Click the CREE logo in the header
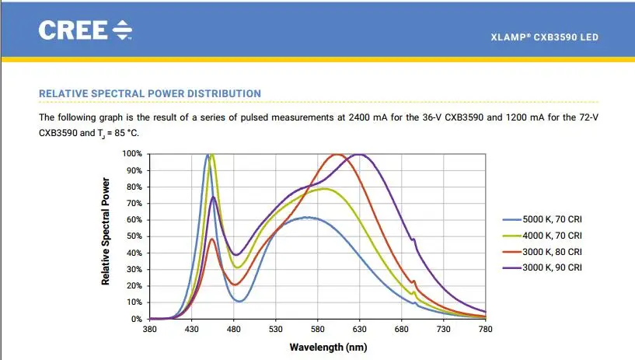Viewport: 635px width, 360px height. [85, 30]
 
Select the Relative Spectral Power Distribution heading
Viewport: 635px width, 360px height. [150, 93]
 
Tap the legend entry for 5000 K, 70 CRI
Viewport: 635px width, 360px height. [553, 220]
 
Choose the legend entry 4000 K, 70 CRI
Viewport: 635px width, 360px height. [553, 235]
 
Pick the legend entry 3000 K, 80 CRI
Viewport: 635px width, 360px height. [553, 251]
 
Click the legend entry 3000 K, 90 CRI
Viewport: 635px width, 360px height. [553, 267]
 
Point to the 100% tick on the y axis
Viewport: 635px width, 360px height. [132, 154]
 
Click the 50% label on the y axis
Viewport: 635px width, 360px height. [134, 236]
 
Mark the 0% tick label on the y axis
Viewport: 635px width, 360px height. [137, 319]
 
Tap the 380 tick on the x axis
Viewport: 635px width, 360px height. [150, 330]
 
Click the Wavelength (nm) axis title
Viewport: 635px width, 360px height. [328, 347]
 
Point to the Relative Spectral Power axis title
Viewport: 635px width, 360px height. [105, 231]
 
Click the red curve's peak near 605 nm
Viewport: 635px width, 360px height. [337, 155]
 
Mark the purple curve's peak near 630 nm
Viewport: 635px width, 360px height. [359, 155]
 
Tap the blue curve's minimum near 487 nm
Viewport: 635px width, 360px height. [240, 301]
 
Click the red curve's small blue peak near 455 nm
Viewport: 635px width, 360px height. [212, 239]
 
